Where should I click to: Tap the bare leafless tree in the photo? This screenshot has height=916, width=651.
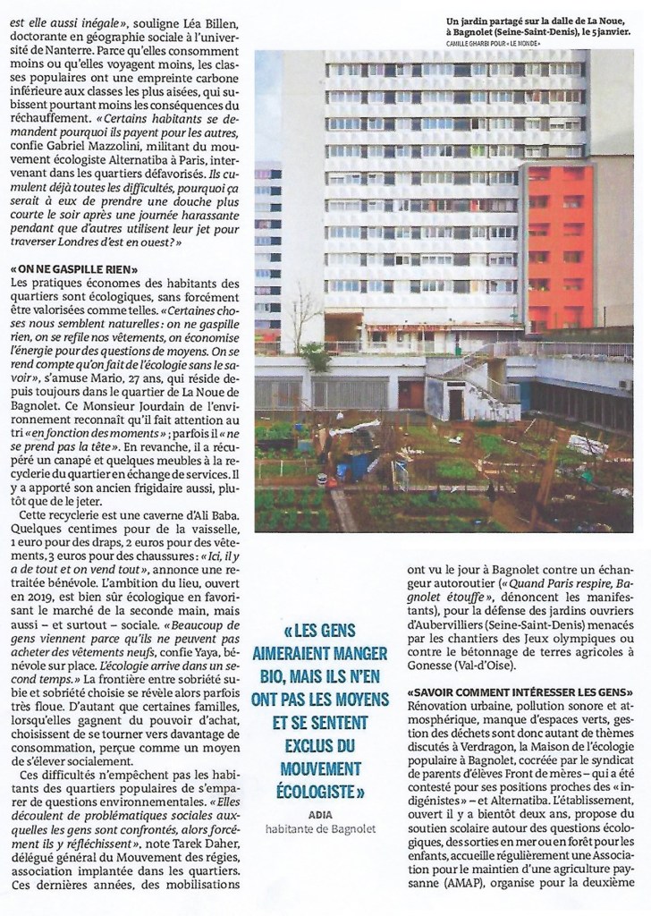click(x=303, y=313)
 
